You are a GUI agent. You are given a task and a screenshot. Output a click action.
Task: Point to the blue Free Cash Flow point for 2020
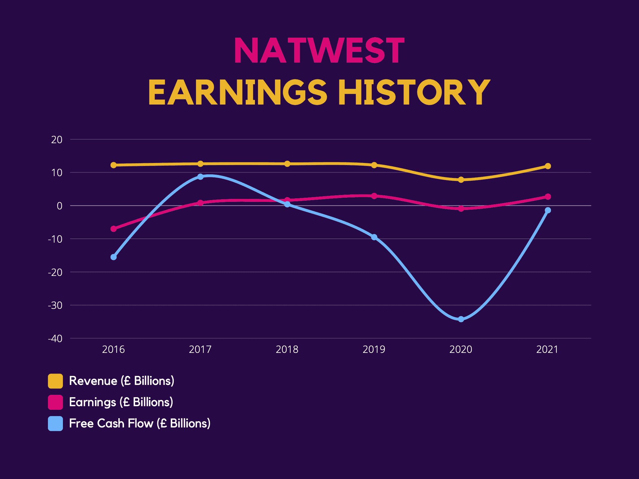tap(461, 319)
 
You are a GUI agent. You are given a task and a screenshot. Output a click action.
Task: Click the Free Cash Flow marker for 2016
tap(114, 257)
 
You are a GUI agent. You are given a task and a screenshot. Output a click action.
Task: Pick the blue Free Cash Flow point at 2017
tap(200, 177)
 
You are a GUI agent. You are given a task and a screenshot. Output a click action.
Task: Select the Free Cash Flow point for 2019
tap(374, 237)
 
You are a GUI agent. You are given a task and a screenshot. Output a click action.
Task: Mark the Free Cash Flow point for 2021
tap(548, 210)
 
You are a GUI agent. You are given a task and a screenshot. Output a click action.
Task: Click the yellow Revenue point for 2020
tap(461, 180)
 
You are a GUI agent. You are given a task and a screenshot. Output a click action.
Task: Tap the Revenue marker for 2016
tap(114, 165)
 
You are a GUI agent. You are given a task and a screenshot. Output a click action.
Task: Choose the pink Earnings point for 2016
tap(114, 229)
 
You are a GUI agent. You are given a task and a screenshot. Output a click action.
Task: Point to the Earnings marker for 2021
tap(548, 197)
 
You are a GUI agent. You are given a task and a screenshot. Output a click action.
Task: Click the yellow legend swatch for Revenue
tap(55, 381)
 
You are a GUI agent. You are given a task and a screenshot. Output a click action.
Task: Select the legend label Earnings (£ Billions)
tap(121, 402)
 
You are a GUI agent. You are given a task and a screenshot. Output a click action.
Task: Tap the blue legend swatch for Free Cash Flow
tap(55, 423)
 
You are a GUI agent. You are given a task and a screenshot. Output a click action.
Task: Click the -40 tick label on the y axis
tap(55, 339)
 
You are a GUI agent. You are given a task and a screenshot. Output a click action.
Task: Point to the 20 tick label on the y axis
tap(57, 140)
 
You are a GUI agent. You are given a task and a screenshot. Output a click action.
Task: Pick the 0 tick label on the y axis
tap(60, 206)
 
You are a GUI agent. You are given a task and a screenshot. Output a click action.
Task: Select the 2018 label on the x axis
tap(287, 349)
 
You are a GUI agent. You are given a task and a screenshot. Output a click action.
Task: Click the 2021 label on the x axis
tap(547, 349)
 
